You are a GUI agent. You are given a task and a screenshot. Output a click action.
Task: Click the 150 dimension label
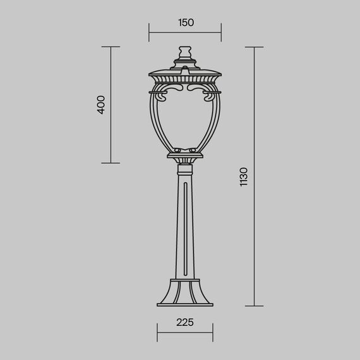pyautogui.click(x=185, y=23)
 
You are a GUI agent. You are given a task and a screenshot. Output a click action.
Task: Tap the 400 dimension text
pyautogui.click(x=101, y=105)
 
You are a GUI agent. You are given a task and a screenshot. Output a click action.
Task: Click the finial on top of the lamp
pyautogui.click(x=185, y=51)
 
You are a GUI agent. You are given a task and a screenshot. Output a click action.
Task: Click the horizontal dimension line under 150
pyautogui.click(x=185, y=33)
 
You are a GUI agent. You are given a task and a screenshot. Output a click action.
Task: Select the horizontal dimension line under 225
pyautogui.click(x=184, y=333)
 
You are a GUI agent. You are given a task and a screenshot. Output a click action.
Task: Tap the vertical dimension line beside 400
pyautogui.click(x=111, y=105)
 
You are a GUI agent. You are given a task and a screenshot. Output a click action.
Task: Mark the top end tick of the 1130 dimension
pyautogui.click(x=255, y=47)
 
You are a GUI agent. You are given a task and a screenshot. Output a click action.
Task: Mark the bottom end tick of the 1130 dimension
pyautogui.click(x=255, y=306)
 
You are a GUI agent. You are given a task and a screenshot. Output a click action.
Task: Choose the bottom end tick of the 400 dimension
pyautogui.click(x=111, y=163)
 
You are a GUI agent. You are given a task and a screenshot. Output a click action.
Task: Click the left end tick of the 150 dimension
pyautogui.click(x=149, y=33)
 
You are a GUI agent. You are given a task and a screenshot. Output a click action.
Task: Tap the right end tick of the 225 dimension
pyautogui.click(x=213, y=333)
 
